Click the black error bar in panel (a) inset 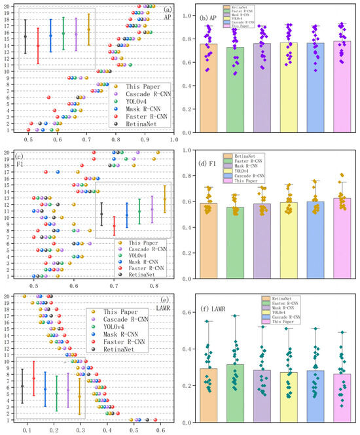click(25, 36)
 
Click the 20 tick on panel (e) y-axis click(7, 296)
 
